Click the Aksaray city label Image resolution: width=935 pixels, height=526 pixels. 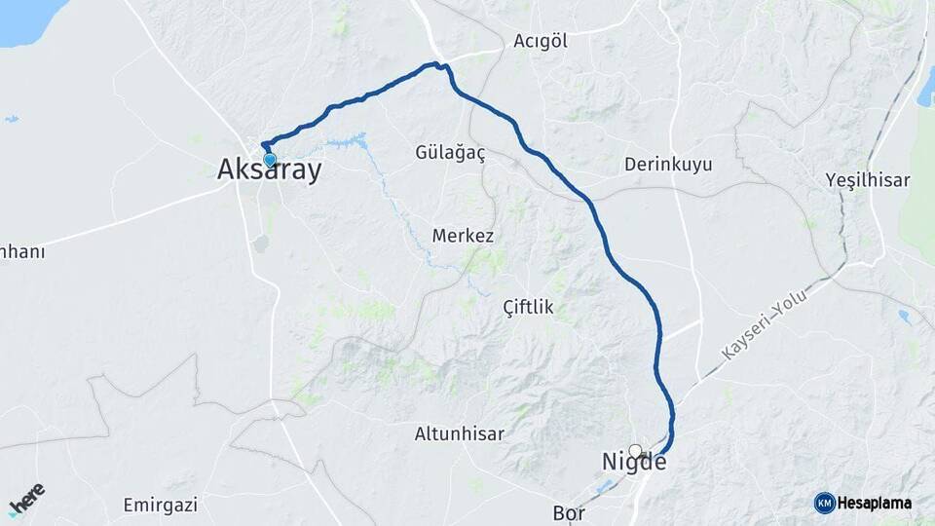(268, 169)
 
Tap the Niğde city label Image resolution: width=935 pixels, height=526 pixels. (634, 462)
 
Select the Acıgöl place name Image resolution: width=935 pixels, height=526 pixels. (541, 41)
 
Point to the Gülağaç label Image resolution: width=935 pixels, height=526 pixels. (450, 154)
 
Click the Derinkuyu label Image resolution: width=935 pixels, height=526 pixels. (668, 164)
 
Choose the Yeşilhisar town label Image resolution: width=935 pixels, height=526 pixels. (867, 180)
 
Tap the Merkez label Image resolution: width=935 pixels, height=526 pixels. (464, 236)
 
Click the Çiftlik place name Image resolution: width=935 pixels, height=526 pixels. (528, 307)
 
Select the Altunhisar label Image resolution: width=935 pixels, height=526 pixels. (460, 433)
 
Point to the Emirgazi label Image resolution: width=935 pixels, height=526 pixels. (161, 505)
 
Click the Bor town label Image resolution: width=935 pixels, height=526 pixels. (568, 512)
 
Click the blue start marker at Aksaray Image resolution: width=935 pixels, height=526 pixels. (270, 159)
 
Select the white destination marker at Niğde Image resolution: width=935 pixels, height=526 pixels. (636, 450)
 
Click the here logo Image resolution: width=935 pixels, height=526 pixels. (26, 499)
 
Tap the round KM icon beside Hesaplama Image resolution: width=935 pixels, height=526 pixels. (824, 503)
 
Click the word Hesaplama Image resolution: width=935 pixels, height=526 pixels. (874, 503)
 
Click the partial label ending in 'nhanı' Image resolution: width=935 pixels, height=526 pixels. (21, 251)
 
